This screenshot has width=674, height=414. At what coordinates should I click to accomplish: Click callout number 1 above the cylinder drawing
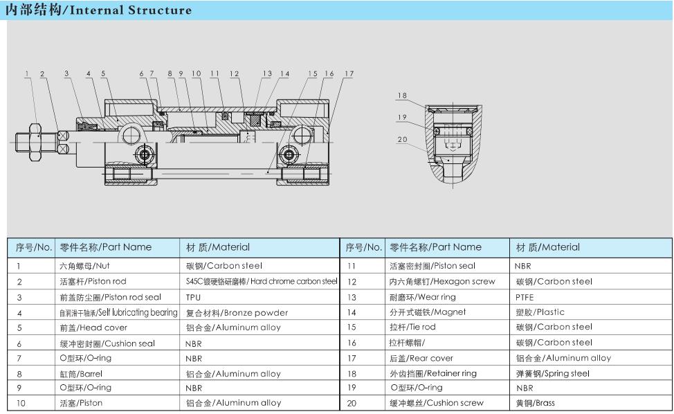coord(28,74)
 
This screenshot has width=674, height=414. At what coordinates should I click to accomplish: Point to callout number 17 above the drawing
coord(349,74)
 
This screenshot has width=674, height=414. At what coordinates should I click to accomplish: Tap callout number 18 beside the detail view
coord(402,96)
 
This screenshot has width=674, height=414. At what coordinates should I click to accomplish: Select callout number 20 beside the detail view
coord(402,140)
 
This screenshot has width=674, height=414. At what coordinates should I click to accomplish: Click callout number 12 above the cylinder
coord(235,74)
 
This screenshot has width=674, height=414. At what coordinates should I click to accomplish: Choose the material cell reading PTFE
coord(525,297)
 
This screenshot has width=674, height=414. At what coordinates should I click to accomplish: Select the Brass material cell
coord(536,403)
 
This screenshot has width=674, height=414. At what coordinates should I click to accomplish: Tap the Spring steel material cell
coord(553,374)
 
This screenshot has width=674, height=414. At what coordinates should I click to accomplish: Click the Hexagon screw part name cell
coord(442,282)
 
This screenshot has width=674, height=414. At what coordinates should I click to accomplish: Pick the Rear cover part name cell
coord(421,359)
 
